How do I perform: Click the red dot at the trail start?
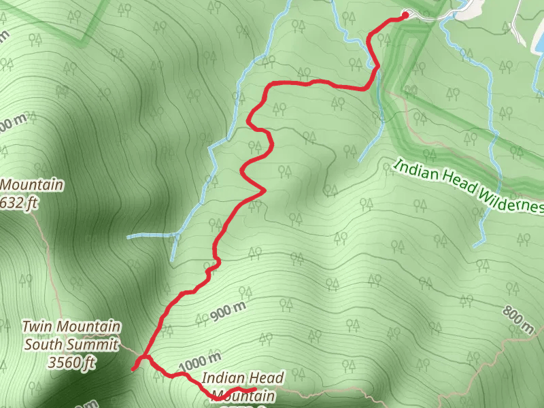pyautogui.click(x=405, y=14)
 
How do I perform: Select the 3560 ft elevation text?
pyautogui.click(x=71, y=363)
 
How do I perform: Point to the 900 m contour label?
pyautogui.click(x=227, y=310)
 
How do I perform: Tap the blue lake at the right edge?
pyautogui.click(x=537, y=33)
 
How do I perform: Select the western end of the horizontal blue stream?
pyautogui.click(x=129, y=237)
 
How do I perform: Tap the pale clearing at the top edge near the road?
pyautogui.click(x=473, y=8)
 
